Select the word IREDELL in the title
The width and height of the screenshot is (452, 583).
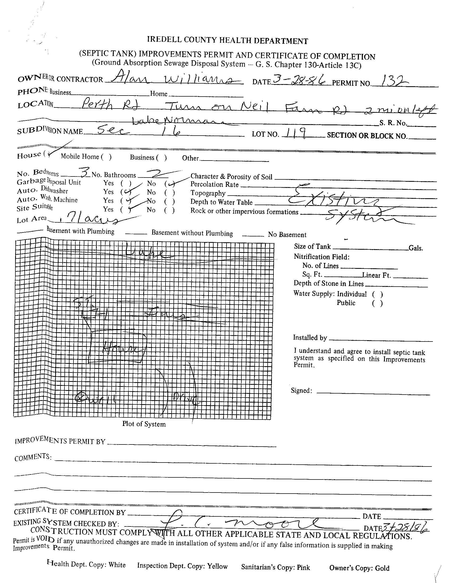coord(162,40)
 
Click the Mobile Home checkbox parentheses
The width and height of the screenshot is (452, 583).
coord(106,157)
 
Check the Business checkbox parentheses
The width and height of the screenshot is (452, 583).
coord(162,158)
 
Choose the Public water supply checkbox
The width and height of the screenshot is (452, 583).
coord(377,303)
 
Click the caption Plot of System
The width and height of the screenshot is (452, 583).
coord(144,424)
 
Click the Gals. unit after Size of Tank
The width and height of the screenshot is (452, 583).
coord(415,248)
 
